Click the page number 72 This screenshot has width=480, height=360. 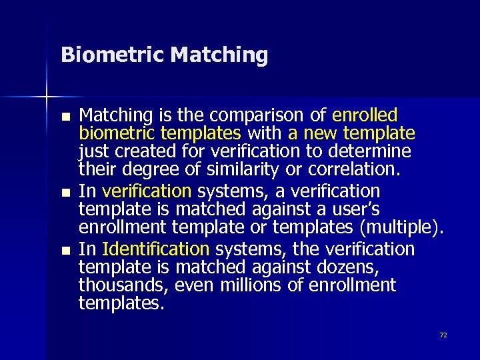point(443,335)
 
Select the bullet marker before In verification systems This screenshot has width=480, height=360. point(65,192)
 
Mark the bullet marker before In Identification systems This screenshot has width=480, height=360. point(65,250)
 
